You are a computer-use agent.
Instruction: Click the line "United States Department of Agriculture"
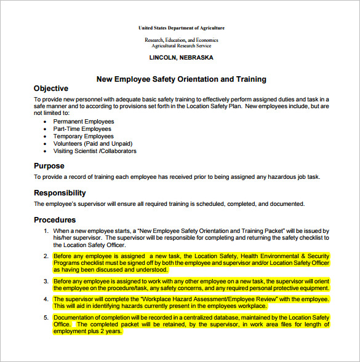182,28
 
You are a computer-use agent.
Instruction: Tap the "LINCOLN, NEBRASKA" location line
182,57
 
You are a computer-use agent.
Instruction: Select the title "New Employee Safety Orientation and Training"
182,79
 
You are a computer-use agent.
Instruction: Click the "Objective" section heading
51,89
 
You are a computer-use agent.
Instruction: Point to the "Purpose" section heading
49,166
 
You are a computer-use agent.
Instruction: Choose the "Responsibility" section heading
60,193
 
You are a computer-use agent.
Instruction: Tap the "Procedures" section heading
55,220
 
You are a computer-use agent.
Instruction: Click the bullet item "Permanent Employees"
84,122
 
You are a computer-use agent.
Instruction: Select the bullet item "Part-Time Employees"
82,129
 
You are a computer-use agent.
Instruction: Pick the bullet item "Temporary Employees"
84,136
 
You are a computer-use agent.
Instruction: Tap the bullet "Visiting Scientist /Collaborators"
95,151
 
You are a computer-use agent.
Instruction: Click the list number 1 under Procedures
46,230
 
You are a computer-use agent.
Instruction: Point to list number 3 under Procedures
46,281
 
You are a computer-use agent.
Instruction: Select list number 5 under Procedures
46,317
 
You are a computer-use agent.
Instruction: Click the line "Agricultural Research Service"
182,45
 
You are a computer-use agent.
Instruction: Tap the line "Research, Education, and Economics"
182,40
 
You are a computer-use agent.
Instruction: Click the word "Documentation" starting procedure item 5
76,317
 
